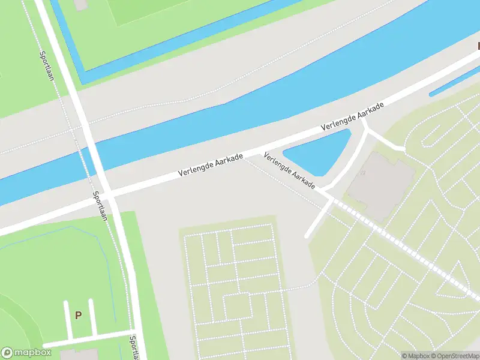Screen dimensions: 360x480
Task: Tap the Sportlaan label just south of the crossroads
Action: (99, 205)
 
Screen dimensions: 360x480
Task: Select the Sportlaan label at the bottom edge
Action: (133, 347)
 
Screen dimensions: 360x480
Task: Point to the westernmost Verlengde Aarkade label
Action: (211, 165)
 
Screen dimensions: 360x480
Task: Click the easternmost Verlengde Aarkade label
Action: (352, 118)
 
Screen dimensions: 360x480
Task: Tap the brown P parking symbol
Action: (78, 314)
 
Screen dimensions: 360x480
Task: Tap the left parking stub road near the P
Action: (67, 319)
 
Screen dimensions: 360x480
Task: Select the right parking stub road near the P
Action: (92, 317)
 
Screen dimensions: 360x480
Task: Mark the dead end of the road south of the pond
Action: (308, 236)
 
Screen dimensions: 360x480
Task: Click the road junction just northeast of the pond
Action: (364, 126)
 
